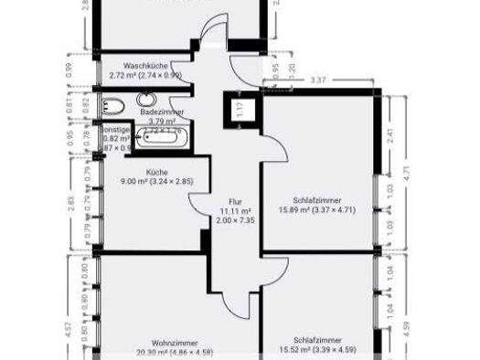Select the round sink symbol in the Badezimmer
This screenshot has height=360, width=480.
click(x=146, y=100)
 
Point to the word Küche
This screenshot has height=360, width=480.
click(x=156, y=172)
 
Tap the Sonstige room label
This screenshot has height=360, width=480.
click(x=115, y=131)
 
